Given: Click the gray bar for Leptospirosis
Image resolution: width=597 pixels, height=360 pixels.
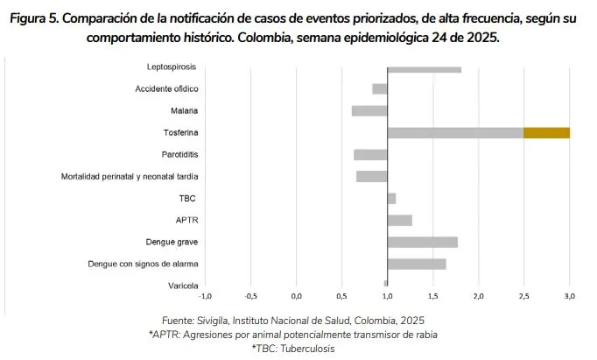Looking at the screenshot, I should pyautogui.click(x=424, y=68).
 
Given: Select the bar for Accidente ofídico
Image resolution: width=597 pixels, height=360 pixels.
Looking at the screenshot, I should pyautogui.click(x=380, y=89).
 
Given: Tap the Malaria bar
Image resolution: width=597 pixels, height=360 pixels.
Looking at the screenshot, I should pyautogui.click(x=369, y=111).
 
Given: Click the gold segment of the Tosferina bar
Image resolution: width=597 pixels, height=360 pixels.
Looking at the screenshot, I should pyautogui.click(x=546, y=133).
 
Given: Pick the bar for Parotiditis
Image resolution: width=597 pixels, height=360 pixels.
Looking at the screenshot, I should pyautogui.click(x=370, y=155).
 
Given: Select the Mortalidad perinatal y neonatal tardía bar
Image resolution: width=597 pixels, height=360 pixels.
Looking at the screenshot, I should pyautogui.click(x=372, y=177).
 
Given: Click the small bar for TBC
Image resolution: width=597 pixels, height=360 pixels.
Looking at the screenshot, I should pyautogui.click(x=391, y=199).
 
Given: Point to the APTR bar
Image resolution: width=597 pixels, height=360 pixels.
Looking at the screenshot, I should pyautogui.click(x=399, y=220).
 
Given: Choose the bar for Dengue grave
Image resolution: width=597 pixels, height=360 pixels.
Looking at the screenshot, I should pyautogui.click(x=422, y=242).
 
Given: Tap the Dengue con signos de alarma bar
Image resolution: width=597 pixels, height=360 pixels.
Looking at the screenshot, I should pyautogui.click(x=417, y=264).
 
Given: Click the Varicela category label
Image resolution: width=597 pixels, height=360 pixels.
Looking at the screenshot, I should pyautogui.click(x=183, y=286).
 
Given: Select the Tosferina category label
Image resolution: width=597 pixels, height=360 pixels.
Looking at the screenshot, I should pyautogui.click(x=180, y=133).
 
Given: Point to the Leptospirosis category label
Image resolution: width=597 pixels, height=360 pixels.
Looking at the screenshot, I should pyautogui.click(x=172, y=67).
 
